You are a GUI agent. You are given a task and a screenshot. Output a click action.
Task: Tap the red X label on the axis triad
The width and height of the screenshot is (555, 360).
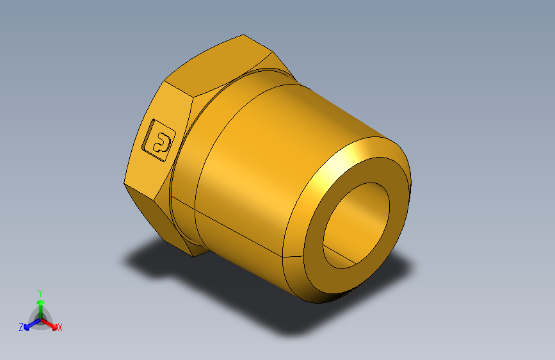pos(60,328)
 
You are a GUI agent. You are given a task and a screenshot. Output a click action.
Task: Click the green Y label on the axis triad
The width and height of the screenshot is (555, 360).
pos(40,291)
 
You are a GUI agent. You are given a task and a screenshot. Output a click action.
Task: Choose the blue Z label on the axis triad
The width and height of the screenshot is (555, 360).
pos(21,327)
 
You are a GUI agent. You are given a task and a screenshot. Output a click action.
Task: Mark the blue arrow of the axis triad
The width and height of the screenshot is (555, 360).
pos(29,324)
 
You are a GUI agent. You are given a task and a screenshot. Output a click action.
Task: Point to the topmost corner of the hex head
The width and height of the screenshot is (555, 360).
pos(244,35)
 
